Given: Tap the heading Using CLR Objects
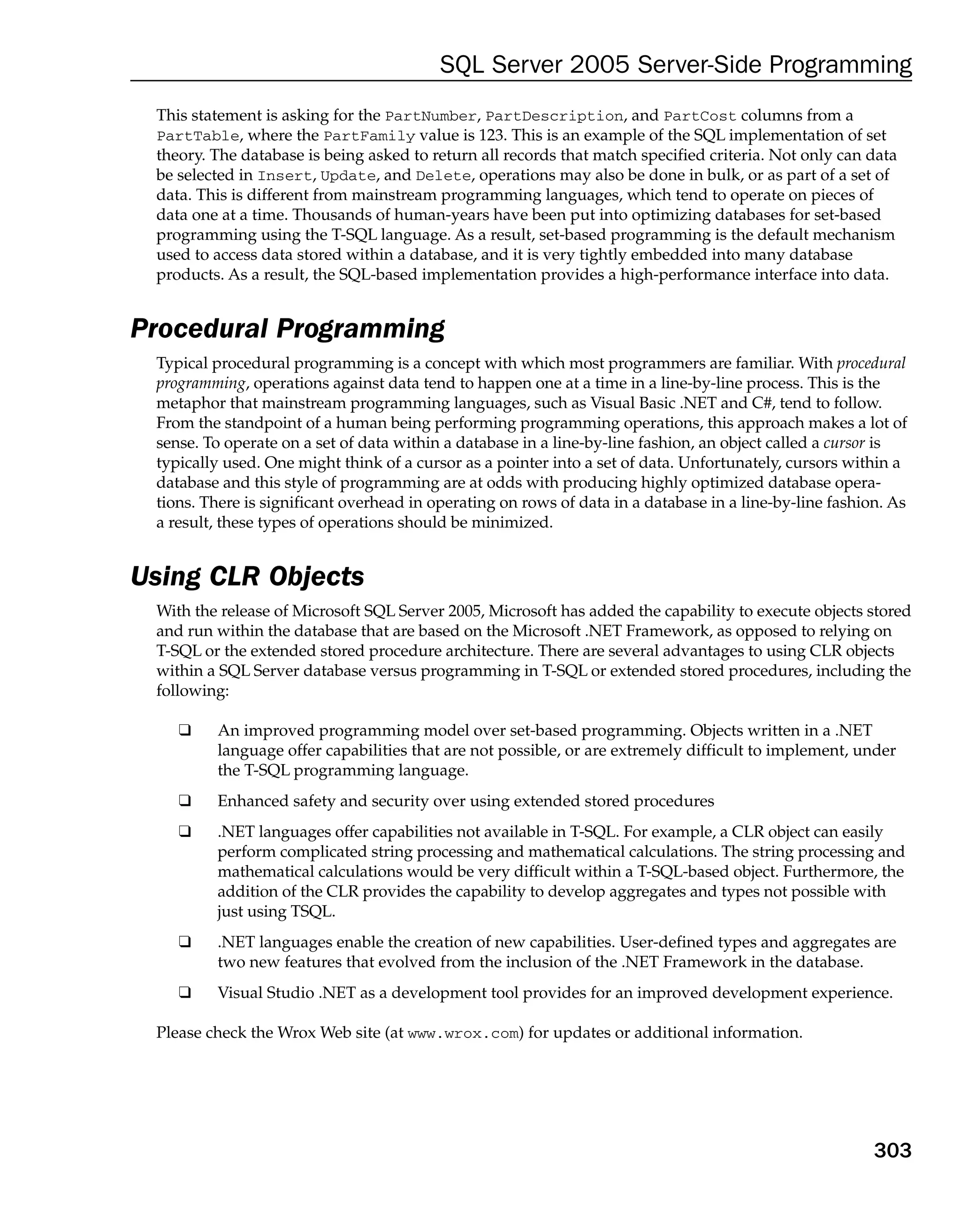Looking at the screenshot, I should click(x=247, y=576).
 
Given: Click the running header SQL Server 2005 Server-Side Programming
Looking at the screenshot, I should click(x=675, y=64).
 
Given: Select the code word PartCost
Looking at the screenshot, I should click(x=700, y=116).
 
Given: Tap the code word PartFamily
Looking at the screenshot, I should click(x=370, y=136).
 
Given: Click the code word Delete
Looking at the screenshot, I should click(x=443, y=176).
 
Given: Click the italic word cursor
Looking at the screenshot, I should click(x=844, y=443).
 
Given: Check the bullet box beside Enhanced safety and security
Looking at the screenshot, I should click(x=184, y=801).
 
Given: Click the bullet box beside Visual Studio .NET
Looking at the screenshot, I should click(x=184, y=993).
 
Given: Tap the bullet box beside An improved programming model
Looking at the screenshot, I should click(x=184, y=730).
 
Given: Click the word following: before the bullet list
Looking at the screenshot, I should click(x=192, y=691).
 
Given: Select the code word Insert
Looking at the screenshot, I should click(x=284, y=176).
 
